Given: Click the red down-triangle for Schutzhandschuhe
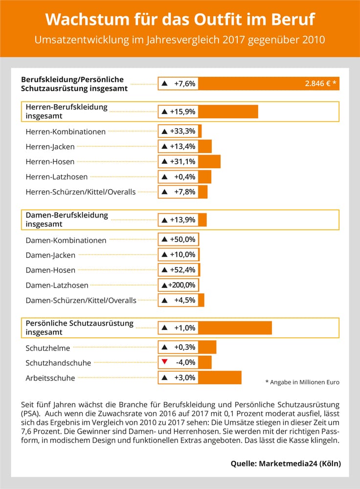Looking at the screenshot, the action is pos(165,362).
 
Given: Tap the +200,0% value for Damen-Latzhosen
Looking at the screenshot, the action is pos(181,285).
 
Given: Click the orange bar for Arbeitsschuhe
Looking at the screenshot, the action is pos(220,378).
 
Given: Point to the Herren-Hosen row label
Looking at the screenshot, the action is pos(50,162).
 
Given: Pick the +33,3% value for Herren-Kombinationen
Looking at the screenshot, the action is pos(182,131).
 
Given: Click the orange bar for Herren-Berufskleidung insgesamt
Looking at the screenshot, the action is pos(228,111).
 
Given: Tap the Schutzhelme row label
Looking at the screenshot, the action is pos(48,348).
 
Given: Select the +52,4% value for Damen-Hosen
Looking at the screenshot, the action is pos(182,270).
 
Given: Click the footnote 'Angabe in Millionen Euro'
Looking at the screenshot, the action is pos(304,382).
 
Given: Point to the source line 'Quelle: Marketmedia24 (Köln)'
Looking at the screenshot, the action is pos(286,464).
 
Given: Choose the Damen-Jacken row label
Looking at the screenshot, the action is pos(50,255).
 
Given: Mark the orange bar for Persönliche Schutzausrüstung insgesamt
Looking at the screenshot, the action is pos(235,328).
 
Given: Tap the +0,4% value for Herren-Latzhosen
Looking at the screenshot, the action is pos(185,177).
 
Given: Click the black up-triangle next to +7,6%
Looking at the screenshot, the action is pos(165,84).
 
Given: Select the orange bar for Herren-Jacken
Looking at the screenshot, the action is pos(205,146).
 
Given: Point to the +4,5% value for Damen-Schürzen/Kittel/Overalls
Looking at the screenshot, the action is pos(185,300).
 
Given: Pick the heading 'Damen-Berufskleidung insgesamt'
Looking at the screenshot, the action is pos(67,220).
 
